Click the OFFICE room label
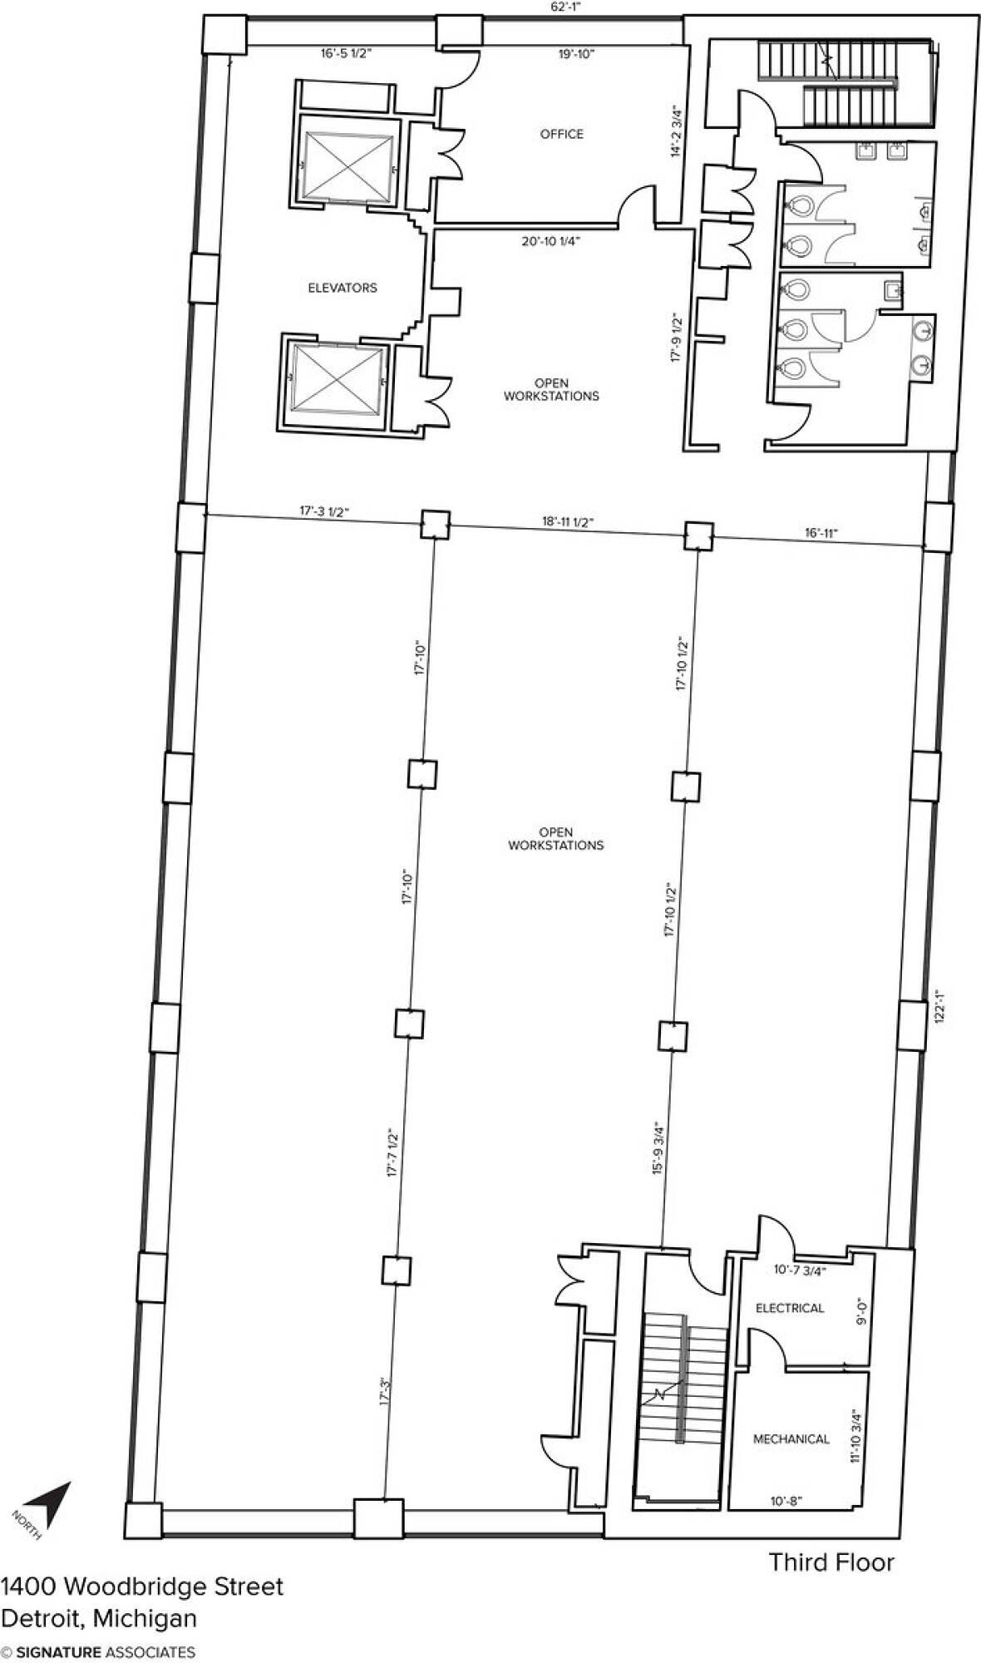(562, 134)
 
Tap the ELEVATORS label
(343, 288)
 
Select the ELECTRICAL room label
(790, 1308)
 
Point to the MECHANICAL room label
(791, 1438)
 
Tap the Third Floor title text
(831, 1562)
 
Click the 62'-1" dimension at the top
(565, 7)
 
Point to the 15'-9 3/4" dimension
(658, 1148)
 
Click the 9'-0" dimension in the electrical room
(862, 1311)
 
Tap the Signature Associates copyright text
(98, 1652)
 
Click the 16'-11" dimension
(821, 533)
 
